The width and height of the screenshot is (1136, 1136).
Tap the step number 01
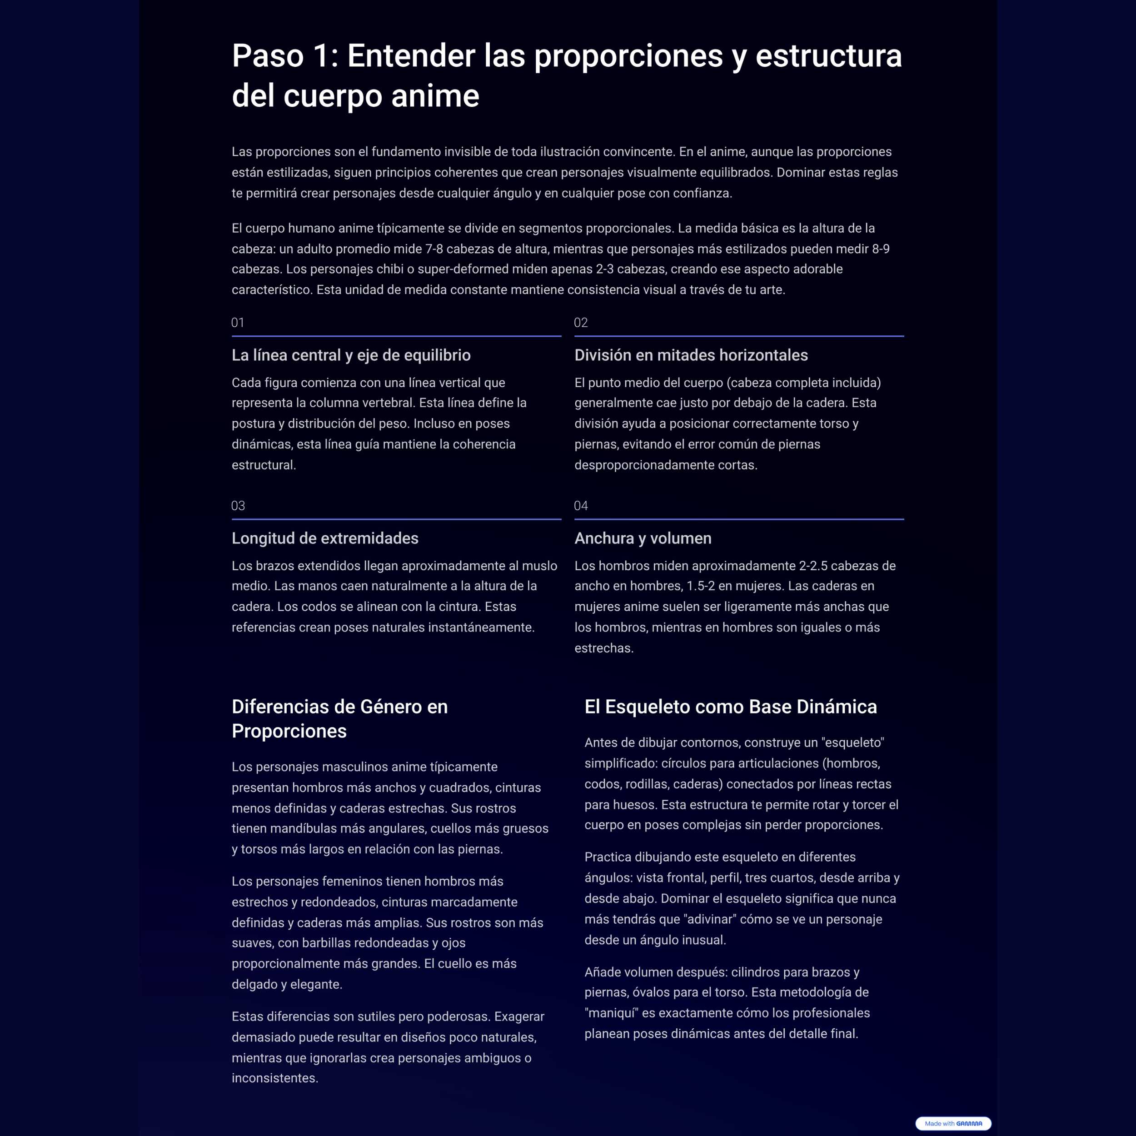(238, 322)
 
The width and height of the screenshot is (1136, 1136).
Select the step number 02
(580, 322)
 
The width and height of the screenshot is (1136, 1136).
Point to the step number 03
(238, 506)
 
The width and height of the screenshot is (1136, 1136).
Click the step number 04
(580, 506)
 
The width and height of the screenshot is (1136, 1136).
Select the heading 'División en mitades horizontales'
(691, 355)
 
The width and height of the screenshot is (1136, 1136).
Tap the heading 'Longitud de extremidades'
(324, 538)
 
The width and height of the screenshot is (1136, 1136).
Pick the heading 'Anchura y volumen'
(643, 538)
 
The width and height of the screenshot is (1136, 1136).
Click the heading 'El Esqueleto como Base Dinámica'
(730, 706)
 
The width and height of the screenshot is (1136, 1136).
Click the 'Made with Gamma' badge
(953, 1123)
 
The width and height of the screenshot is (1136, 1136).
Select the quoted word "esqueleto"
(852, 742)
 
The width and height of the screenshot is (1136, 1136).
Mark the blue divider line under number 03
(396, 519)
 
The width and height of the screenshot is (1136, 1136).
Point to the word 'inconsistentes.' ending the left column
(274, 1078)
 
